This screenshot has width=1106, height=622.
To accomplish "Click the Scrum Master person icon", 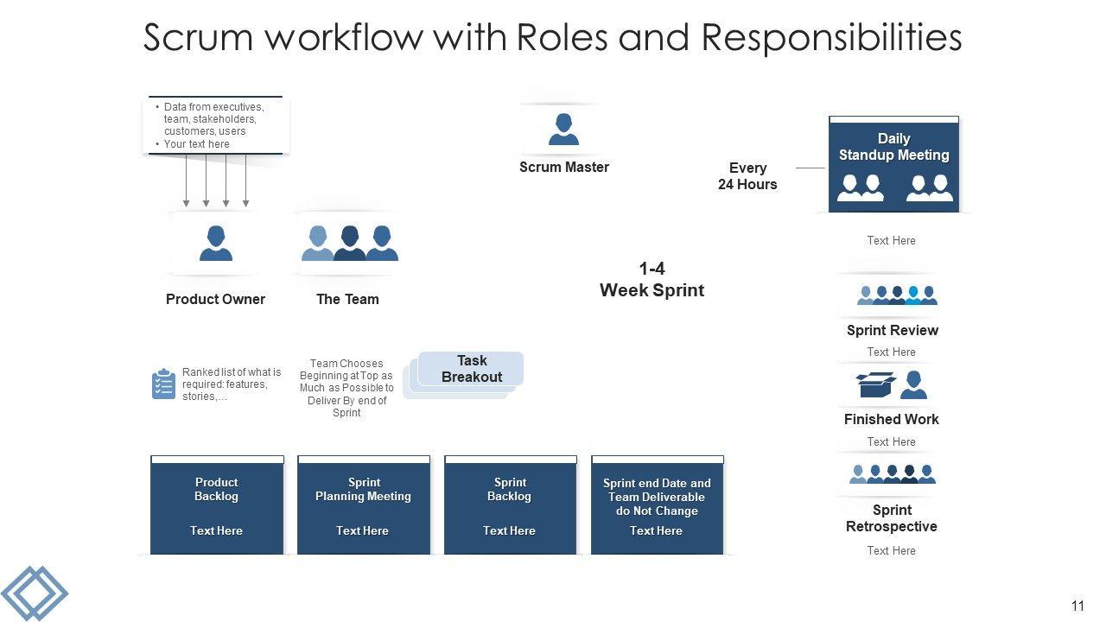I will pos(563,130).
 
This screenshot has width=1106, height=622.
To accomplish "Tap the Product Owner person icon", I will pos(216,243).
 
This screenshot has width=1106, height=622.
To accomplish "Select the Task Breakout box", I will pos(471,369).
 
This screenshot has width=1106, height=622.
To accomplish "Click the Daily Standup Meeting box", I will pos(893,164).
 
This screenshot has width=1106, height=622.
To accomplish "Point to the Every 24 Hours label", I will pos(747,176).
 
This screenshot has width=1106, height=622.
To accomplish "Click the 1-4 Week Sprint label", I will pos(652,280).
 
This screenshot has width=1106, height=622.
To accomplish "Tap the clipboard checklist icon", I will pos(163,384).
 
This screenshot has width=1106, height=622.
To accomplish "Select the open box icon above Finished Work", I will pos(875,384).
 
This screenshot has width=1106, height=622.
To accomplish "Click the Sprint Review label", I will pos(892,330).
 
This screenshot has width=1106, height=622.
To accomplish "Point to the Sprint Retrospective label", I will pos(892,518).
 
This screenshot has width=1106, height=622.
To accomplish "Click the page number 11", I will pos(1077,606).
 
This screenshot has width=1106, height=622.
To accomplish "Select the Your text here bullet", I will pos(197,144).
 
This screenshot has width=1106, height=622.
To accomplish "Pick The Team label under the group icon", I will pos(347,299).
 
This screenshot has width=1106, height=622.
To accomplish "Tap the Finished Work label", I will pos(892,419).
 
